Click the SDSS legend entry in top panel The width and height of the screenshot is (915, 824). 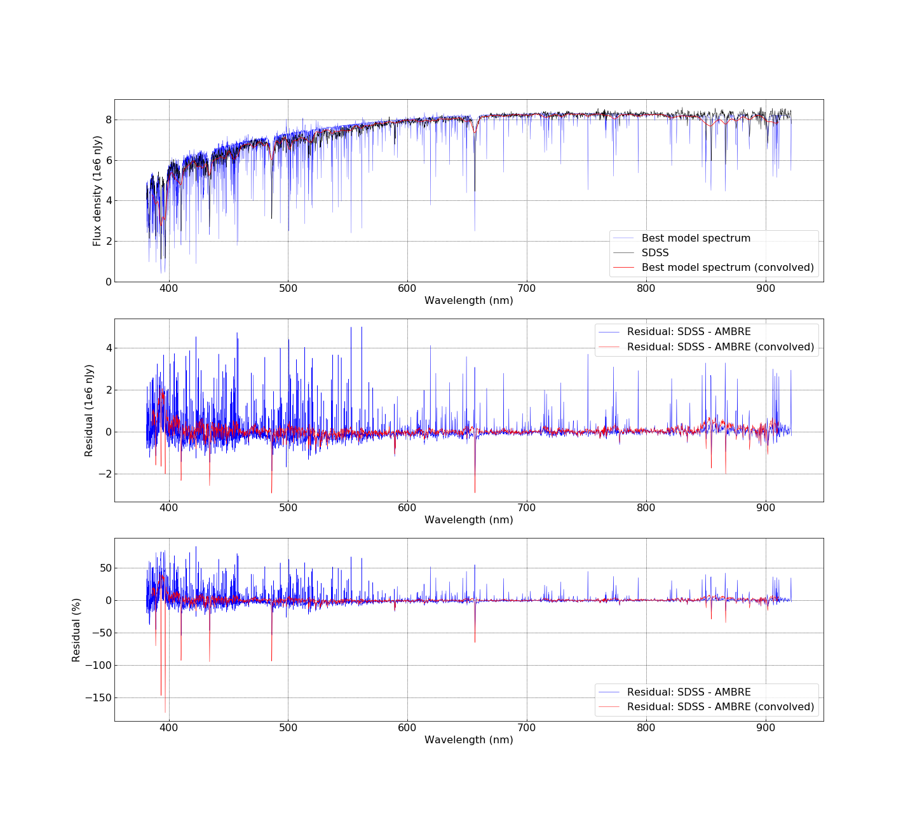pos(655,253)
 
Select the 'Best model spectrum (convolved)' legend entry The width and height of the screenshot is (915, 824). pos(728,268)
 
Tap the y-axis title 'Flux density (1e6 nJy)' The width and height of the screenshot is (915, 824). pos(97,191)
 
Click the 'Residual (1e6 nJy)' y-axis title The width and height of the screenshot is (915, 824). pos(89,410)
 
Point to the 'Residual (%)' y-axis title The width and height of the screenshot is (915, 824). pos(76,630)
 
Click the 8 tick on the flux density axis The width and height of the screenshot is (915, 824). pos(109,120)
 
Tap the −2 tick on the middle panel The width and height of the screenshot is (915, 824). pos(104,474)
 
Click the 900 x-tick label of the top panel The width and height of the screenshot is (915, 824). pos(766,288)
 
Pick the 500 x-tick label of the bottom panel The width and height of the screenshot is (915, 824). pos(288,727)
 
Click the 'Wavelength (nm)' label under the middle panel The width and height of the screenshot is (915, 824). pos(469,520)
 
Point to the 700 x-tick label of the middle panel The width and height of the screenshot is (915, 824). pos(527,508)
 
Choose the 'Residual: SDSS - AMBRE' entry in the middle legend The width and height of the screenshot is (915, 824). pos(689,332)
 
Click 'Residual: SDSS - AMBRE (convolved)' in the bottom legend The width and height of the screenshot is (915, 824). pos(721,707)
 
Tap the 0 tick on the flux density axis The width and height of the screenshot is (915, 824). pos(109,282)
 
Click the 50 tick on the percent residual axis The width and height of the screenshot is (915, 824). pos(104,568)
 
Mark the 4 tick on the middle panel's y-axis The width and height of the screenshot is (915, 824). pos(109,348)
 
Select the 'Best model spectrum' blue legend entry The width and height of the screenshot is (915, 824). pos(696,238)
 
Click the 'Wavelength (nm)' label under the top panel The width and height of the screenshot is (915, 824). pos(469,301)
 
